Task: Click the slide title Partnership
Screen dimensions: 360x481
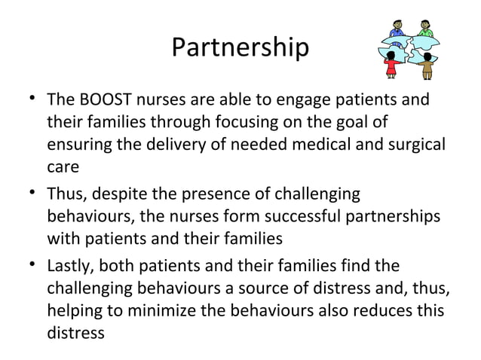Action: (240, 47)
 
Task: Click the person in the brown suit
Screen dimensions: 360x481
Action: (427, 66)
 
